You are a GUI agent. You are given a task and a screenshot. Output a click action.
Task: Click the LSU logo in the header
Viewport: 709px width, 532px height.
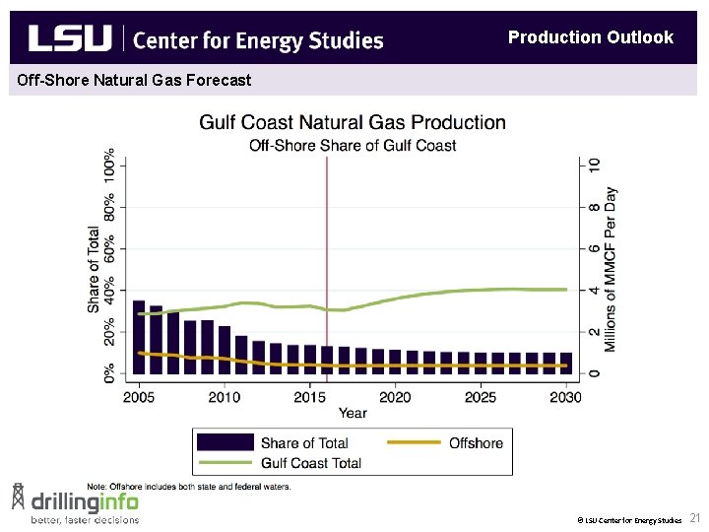71,38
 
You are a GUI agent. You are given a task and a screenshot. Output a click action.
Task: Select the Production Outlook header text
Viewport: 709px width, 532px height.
590,37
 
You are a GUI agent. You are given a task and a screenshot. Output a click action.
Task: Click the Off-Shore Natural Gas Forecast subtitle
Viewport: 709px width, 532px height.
135,80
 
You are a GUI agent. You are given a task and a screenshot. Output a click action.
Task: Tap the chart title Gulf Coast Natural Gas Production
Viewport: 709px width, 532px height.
353,123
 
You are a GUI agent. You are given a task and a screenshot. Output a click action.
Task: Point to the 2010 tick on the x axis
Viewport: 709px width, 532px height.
224,396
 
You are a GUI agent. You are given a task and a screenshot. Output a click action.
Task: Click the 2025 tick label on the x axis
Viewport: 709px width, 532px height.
480,396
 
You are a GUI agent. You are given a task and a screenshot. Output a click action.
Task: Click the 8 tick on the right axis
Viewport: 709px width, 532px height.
594,208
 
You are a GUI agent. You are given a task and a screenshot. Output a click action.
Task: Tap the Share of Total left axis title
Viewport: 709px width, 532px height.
94,270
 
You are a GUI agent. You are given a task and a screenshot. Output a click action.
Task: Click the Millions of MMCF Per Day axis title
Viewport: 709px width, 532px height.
612,269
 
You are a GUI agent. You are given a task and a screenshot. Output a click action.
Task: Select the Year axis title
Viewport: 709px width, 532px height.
353,413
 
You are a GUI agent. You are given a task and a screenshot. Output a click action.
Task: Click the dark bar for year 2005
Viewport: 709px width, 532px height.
139,337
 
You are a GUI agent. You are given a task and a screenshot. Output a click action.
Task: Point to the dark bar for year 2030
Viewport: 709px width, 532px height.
565,364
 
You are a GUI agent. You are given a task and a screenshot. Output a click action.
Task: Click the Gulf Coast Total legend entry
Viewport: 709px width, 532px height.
310,463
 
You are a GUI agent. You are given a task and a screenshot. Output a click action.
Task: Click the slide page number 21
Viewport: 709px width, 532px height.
694,518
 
